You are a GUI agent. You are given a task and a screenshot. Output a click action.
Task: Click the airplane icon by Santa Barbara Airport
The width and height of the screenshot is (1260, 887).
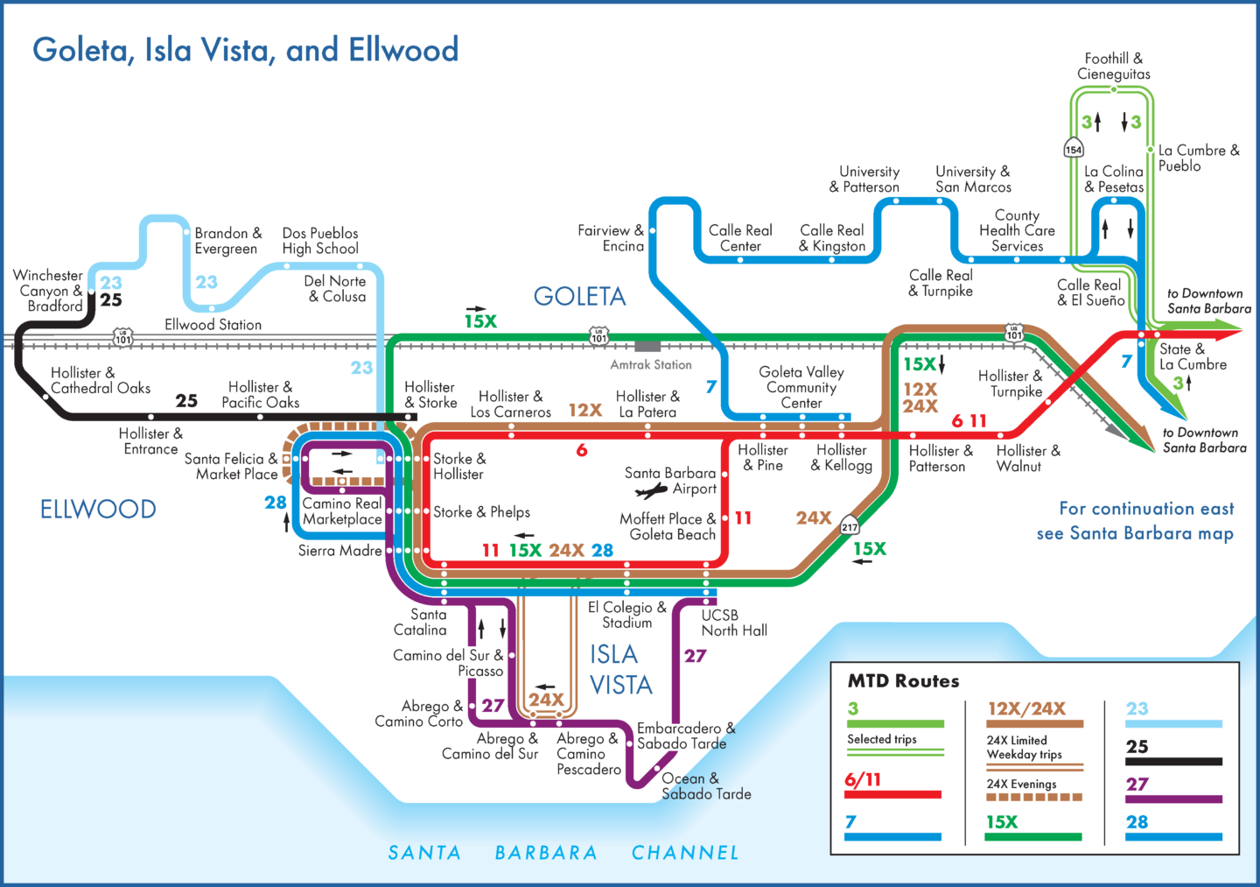(651, 490)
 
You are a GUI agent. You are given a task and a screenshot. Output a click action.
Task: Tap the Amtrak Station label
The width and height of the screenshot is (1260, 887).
(651, 364)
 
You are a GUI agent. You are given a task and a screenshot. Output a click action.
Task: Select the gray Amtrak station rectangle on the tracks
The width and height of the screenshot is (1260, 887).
(647, 346)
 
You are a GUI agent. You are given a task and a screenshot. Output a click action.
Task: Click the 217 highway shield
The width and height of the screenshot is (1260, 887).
(850, 526)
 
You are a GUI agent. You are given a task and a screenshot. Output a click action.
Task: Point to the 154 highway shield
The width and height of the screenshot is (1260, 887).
(1074, 149)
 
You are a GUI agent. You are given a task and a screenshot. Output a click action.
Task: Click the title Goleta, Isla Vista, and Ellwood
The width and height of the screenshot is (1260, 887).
(245, 50)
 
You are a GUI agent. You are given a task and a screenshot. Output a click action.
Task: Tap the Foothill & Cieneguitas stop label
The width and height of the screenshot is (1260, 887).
(1113, 66)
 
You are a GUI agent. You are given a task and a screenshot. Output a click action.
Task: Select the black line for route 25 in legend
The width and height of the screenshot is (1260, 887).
(1173, 761)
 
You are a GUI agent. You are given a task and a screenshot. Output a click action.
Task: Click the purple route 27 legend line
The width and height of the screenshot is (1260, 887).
(1173, 799)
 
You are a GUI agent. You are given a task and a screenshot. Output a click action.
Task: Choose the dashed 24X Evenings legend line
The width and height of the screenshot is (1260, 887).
(1034, 798)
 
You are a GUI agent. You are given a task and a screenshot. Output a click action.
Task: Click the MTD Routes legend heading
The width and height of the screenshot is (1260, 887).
(903, 680)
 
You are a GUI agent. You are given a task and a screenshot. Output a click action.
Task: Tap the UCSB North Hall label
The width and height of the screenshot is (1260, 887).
(733, 623)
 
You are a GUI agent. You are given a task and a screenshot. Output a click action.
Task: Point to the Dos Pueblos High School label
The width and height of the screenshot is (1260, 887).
(320, 241)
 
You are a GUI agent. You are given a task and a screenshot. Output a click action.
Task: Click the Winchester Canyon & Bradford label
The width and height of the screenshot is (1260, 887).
(48, 290)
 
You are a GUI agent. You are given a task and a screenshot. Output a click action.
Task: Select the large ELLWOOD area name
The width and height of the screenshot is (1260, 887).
(98, 509)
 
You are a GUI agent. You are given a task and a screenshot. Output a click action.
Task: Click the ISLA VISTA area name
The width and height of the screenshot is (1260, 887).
(620, 670)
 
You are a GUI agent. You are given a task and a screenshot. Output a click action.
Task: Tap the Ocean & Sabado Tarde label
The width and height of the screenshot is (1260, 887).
(705, 785)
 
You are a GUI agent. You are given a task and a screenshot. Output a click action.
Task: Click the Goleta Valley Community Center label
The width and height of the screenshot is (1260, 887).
(801, 387)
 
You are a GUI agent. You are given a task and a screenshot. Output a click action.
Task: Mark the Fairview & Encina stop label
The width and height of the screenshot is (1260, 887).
(611, 238)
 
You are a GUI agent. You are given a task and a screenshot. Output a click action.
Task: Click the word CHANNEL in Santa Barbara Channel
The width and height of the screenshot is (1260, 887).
(685, 852)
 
